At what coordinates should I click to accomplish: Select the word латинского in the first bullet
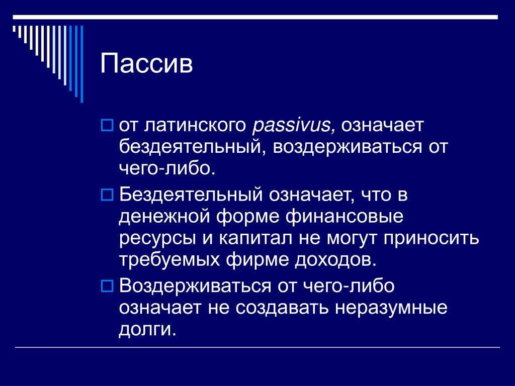pos(195,126)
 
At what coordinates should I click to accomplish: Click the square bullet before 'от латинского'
pos(107,125)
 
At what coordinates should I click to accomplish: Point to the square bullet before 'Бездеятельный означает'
pos(107,195)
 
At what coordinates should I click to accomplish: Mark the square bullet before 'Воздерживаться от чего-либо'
pos(107,286)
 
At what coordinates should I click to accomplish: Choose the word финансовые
pos(344,217)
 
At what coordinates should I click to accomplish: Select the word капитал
pos(255,239)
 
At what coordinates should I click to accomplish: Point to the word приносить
pos(431,239)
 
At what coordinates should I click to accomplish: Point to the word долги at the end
pos(147,330)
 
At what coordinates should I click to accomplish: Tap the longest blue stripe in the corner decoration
pos(82,64)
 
